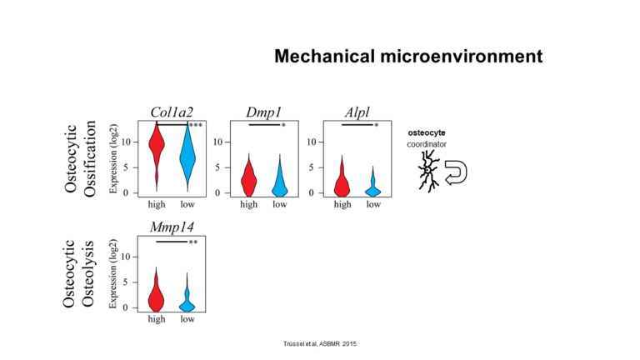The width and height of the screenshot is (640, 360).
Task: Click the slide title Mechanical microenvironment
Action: tap(408, 57)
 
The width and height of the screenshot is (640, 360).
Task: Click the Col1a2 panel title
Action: tap(172, 112)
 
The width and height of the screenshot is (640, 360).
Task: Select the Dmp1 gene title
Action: tap(263, 112)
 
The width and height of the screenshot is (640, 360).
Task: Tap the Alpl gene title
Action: tap(357, 112)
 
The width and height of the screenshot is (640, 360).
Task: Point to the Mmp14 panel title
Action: tap(172, 227)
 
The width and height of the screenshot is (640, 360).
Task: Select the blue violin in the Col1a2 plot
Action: tap(187, 157)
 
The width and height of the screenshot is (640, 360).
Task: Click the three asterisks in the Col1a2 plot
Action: tap(196, 125)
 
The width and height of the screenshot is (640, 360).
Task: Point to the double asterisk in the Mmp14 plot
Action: tap(193, 242)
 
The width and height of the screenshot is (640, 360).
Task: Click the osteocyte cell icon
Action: tap(428, 171)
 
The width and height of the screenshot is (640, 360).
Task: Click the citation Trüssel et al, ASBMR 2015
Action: tap(320, 344)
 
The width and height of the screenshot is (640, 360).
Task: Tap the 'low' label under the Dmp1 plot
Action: tap(280, 204)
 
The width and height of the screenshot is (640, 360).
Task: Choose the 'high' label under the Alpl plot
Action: tap(342, 204)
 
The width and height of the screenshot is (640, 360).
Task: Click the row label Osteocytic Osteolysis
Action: tap(78, 274)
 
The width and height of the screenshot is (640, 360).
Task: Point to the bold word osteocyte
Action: tap(427, 132)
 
